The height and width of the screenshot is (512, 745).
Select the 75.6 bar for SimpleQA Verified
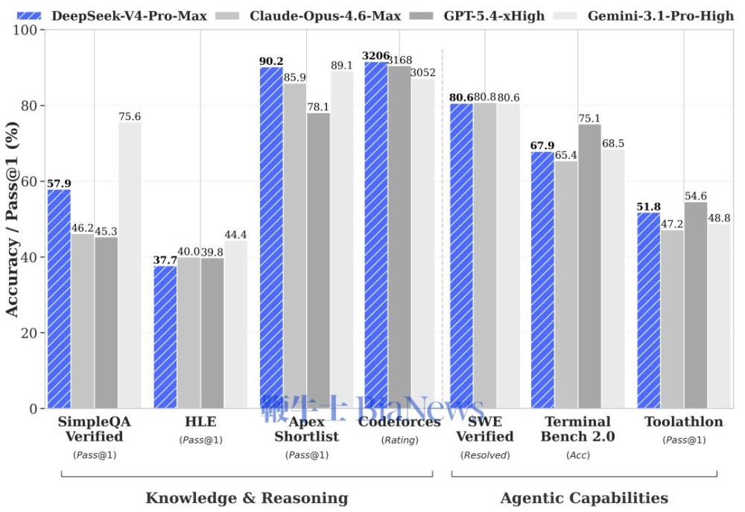coord(130,265)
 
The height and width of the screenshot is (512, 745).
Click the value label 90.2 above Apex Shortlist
coord(271,61)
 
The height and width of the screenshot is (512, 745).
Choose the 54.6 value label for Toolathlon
coord(695,196)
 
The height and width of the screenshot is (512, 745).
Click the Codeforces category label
coord(399,422)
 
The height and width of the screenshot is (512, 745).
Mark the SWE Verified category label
coord(484,429)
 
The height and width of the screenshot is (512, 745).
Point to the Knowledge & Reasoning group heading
coord(247,498)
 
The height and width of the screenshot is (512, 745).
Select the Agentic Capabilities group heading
coord(584,498)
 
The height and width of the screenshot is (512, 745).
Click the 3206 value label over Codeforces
coord(376,56)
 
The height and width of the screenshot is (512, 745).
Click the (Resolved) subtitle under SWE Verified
coord(484,455)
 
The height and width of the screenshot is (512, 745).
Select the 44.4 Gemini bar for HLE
coord(235,324)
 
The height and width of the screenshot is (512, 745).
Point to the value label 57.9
coord(59,183)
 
